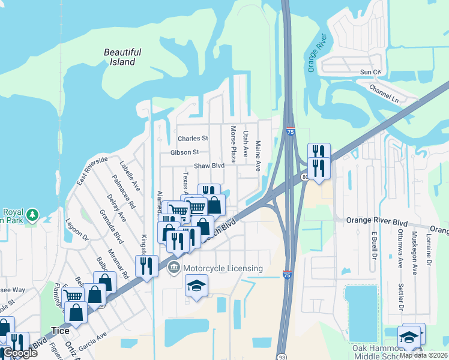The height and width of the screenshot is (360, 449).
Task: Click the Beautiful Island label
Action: (x=122, y=57)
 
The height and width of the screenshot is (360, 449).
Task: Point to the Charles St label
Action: (x=192, y=139)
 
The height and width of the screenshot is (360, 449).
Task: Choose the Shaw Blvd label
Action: (x=209, y=166)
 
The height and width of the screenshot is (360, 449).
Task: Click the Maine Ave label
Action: (x=258, y=156)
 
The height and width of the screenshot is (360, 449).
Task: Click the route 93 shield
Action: (x=282, y=356)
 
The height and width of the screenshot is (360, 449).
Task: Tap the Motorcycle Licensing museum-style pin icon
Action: (x=174, y=268)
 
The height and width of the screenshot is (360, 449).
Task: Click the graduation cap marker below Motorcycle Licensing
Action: (x=196, y=286)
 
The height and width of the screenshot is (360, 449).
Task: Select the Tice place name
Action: (x=60, y=331)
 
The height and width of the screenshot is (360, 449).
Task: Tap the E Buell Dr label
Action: (x=373, y=247)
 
